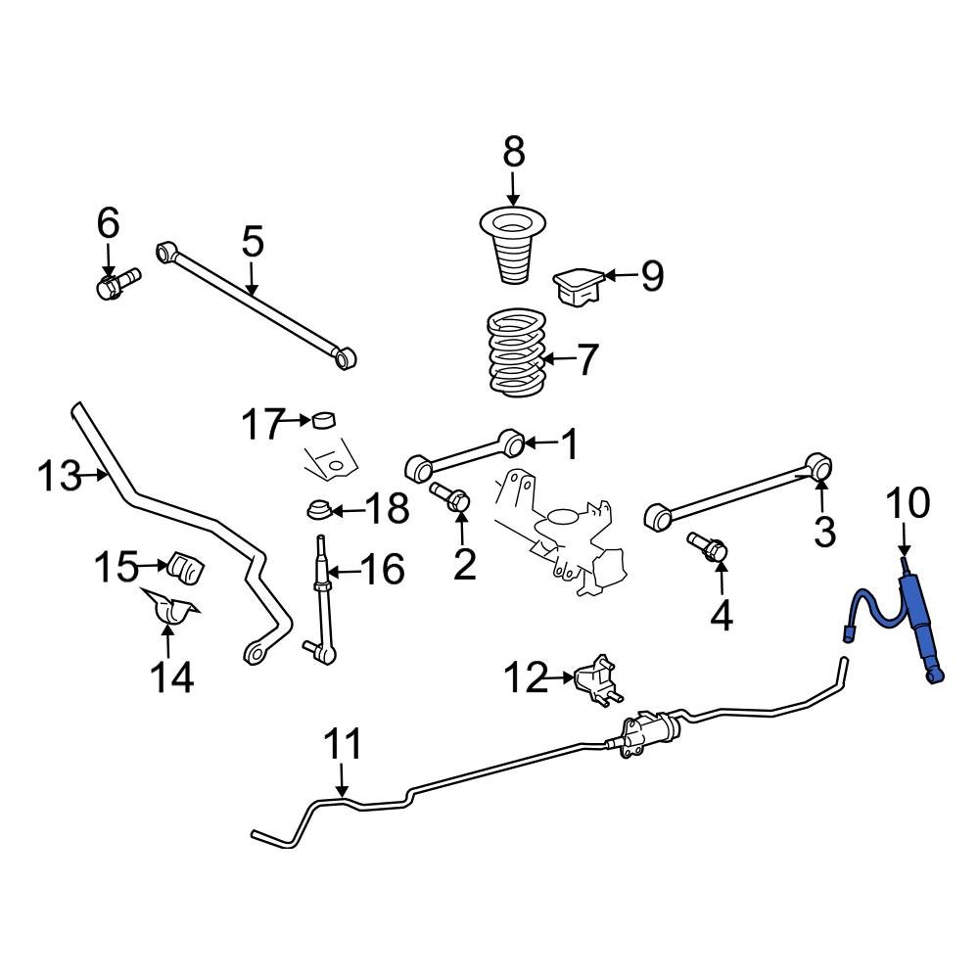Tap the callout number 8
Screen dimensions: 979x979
513,152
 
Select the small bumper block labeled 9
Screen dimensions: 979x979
577,284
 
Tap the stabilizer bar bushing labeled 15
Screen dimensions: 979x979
185,569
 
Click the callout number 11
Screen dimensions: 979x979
343,745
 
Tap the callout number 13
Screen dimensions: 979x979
60,477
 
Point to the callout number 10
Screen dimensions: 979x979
907,504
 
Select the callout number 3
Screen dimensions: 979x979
824,532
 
